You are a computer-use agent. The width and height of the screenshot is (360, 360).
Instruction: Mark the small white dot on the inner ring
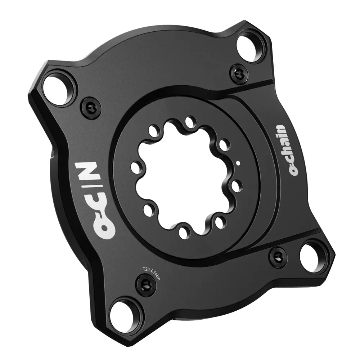[x=238, y=163]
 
